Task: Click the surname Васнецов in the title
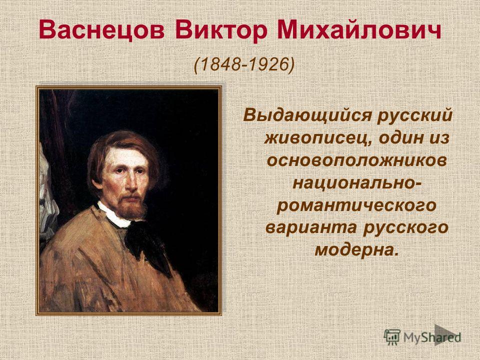pos(101,30)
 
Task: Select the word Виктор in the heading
pos(220,30)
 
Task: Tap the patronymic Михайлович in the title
pos(359,30)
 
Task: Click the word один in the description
pos(401,138)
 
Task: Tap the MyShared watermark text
pos(432,337)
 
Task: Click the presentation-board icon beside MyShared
pos(392,337)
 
